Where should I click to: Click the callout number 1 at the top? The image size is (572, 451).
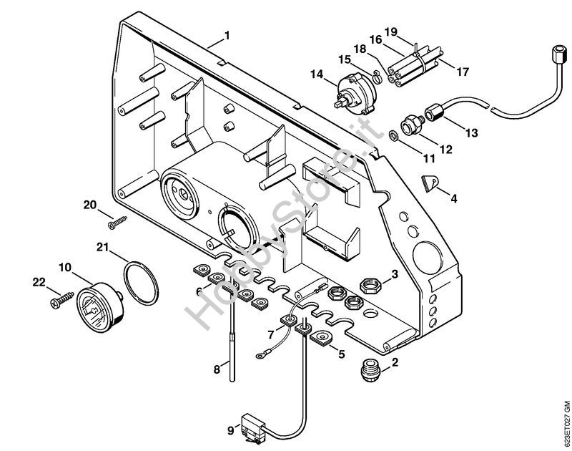point(227,35)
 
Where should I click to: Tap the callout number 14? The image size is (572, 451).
point(317,73)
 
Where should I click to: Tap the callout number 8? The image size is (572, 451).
point(217,369)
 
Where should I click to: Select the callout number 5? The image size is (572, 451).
point(341,354)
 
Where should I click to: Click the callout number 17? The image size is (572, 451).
point(463,72)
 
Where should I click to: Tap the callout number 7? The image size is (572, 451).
point(271,334)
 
